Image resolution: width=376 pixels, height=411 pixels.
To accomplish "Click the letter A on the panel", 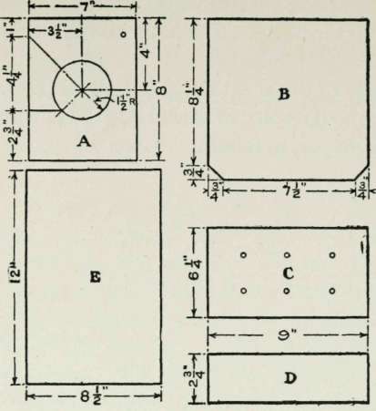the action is [x=84, y=141].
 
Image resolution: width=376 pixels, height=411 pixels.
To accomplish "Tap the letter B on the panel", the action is [x=284, y=95].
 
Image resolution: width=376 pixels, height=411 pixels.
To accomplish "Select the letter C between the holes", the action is [x=288, y=273].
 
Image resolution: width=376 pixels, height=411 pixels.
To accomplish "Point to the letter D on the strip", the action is [x=290, y=378].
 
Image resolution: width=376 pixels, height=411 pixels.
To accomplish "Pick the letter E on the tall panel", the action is [x=96, y=277].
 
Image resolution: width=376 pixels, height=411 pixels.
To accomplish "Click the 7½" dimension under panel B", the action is [x=292, y=190].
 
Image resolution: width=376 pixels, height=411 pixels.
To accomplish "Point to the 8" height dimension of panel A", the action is [x=161, y=87].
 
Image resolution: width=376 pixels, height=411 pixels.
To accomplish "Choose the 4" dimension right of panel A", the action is [x=146, y=51].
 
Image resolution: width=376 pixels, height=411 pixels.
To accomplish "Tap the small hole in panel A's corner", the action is [x=123, y=35].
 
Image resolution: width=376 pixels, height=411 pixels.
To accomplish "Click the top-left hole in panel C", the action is [x=243, y=255].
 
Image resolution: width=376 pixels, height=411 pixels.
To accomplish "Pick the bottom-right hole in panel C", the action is [x=332, y=291].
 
